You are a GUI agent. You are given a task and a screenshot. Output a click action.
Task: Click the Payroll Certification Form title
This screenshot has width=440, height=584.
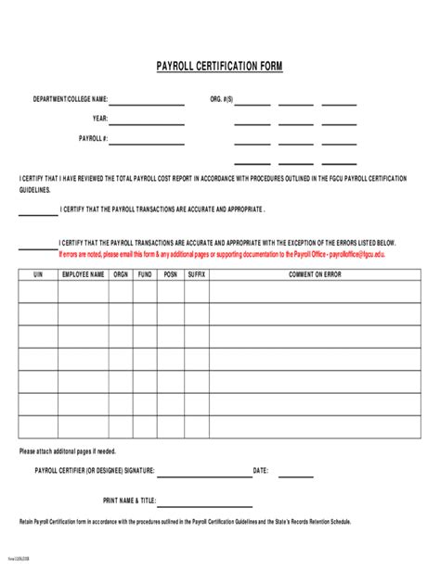[219, 67]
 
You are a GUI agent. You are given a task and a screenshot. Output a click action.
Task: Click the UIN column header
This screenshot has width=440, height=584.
[38, 274]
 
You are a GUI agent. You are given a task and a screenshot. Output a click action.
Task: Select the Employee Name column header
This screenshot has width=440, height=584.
[84, 274]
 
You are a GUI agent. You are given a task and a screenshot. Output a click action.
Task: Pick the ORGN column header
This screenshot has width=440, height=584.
[121, 274]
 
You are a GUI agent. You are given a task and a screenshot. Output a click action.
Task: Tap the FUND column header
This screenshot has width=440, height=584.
[146, 274]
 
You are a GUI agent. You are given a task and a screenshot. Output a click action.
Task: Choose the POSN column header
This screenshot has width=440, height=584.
[171, 274]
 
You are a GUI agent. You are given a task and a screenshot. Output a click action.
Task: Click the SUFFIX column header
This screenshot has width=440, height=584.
[196, 274]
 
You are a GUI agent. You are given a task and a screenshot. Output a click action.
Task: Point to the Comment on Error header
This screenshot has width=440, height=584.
[314, 274]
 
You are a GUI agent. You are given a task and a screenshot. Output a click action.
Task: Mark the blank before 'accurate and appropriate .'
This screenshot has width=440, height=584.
[38, 214]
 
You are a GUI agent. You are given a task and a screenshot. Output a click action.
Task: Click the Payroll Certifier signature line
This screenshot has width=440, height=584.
[203, 476]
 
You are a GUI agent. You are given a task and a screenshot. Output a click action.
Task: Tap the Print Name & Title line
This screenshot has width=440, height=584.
[203, 505]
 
